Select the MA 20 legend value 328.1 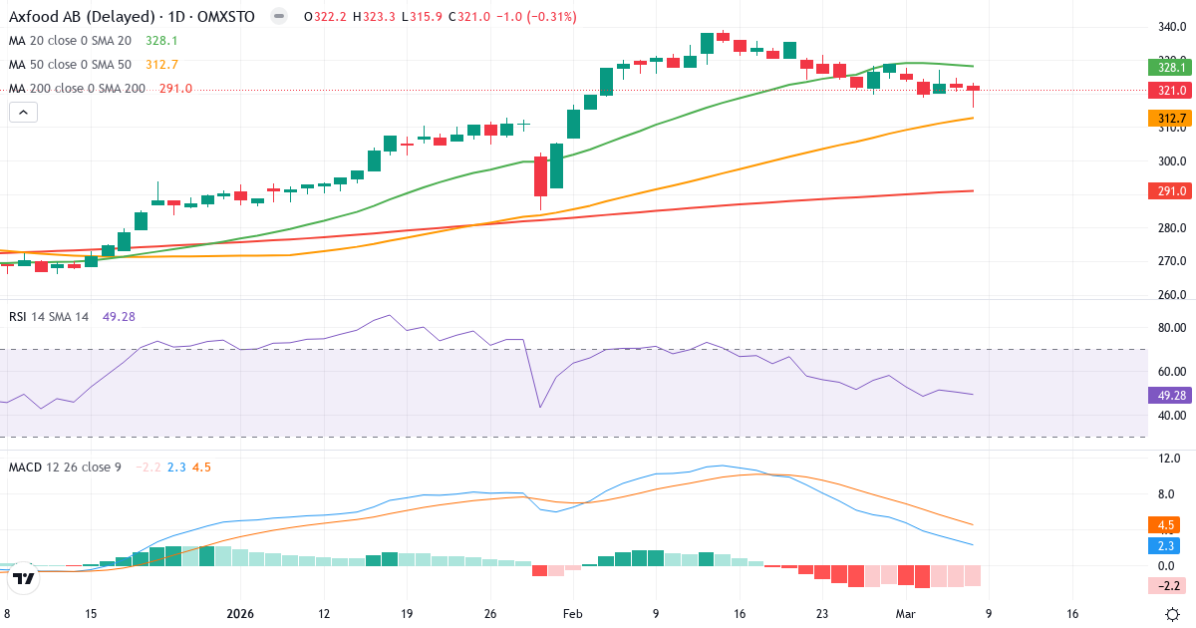click(x=160, y=41)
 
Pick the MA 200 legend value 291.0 click(x=175, y=89)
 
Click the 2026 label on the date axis click(x=240, y=614)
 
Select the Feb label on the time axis click(x=572, y=614)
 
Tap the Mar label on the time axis click(x=905, y=614)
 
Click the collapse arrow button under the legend click(x=23, y=113)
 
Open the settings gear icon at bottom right click(x=1174, y=614)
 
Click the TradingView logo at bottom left click(x=25, y=576)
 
